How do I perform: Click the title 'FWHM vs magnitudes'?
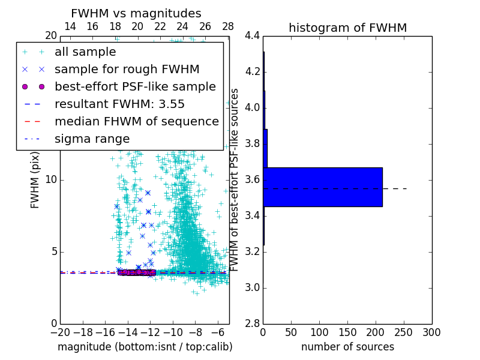pos(136,13)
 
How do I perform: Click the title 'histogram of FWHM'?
pos(347,28)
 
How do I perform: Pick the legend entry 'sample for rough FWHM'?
pos(127,69)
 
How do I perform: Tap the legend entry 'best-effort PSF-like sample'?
pos(135,86)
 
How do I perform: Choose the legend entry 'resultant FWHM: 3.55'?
pos(119,104)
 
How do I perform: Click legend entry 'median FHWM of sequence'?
pos(136,121)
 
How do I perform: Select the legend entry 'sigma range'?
pos(92,139)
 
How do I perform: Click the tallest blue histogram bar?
pos(322,187)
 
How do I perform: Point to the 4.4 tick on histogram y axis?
pos(252,36)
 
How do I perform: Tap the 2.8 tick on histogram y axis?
pos(252,323)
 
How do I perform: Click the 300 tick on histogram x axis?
pos(431,332)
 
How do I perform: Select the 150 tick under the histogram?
pos(347,332)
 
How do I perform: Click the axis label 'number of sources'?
pos(347,347)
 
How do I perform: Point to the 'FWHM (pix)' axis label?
pos(35,179)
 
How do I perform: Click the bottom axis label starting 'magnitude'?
pos(145,347)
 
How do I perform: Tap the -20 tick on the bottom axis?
pos(60,332)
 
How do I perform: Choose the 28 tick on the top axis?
pos(228,26)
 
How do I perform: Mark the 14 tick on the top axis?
pos(70,26)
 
